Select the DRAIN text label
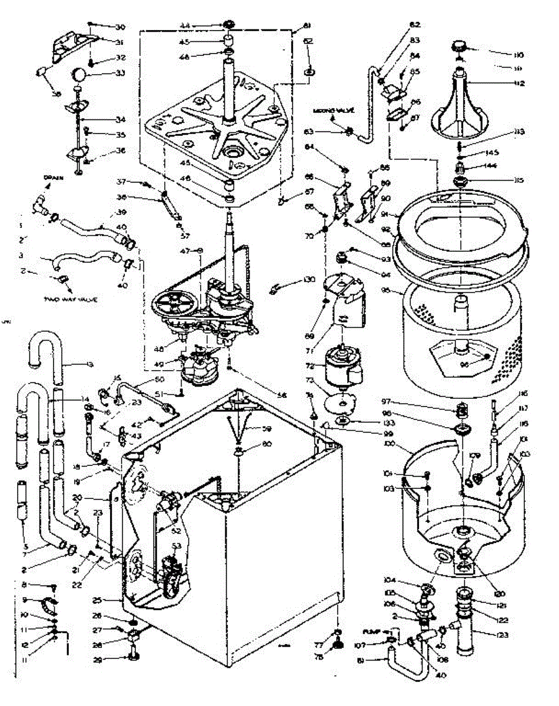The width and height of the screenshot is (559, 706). (x=51, y=177)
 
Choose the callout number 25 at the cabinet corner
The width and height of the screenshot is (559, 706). (x=98, y=601)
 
